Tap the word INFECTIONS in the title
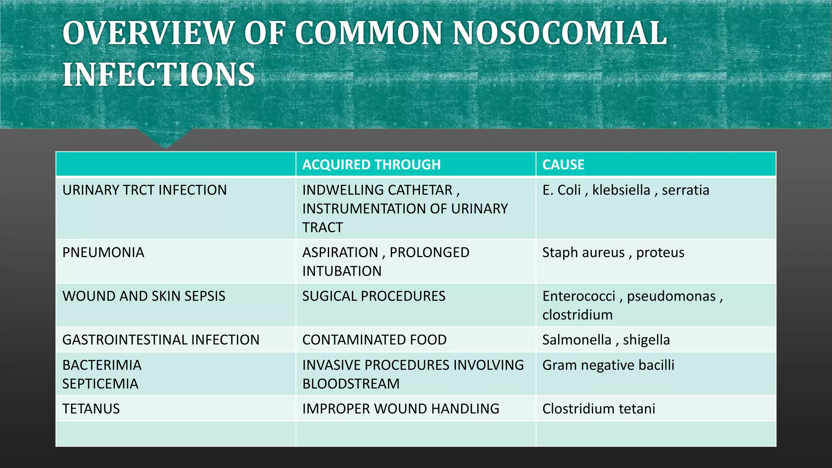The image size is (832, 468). (158, 75)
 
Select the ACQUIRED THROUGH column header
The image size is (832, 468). (371, 165)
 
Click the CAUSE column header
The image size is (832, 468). (563, 165)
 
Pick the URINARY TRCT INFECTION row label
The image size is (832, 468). (144, 190)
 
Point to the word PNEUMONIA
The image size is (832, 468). (103, 253)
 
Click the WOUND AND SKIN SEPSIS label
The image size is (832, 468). (143, 296)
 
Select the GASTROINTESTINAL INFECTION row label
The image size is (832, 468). (160, 340)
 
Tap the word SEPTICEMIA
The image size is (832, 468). (100, 384)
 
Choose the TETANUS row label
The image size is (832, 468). (91, 409)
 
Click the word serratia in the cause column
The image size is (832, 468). (685, 190)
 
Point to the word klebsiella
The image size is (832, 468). (621, 190)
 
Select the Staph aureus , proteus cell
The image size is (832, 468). (613, 253)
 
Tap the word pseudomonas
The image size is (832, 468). (671, 296)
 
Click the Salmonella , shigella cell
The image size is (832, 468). (606, 340)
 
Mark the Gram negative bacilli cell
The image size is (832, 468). (608, 365)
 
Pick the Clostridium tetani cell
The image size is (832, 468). (598, 409)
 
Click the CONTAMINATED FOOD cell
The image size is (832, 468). (374, 340)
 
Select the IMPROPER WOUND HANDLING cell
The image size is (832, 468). (401, 409)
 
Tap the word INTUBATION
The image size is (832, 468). (342, 271)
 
